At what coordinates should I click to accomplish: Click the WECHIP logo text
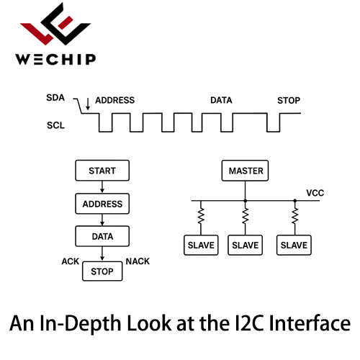(55, 59)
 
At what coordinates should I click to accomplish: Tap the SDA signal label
(55, 98)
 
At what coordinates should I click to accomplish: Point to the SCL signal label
(55, 125)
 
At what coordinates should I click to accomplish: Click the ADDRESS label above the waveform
(115, 100)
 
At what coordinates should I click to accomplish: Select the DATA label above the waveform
(221, 100)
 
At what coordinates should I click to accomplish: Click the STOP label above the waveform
(289, 101)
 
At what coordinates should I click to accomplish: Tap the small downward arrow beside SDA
(88, 104)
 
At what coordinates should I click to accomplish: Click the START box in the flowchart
(102, 171)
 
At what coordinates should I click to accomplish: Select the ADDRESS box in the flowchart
(102, 204)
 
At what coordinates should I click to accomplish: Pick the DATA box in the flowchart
(102, 236)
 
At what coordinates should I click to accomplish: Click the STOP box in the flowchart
(102, 271)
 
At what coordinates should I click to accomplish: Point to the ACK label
(71, 261)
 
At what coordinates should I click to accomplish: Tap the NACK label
(138, 261)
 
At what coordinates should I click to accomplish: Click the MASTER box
(245, 171)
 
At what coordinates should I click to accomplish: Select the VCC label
(315, 193)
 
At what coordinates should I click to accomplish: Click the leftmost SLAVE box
(201, 245)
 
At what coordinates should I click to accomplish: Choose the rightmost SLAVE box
(294, 245)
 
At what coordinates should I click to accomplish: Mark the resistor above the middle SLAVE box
(246, 216)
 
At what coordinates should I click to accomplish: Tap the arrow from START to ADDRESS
(102, 186)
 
